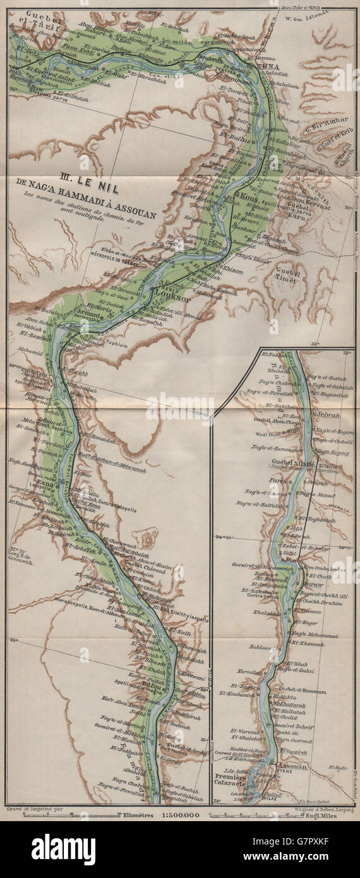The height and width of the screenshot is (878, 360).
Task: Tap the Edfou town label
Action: click(x=171, y=682)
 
